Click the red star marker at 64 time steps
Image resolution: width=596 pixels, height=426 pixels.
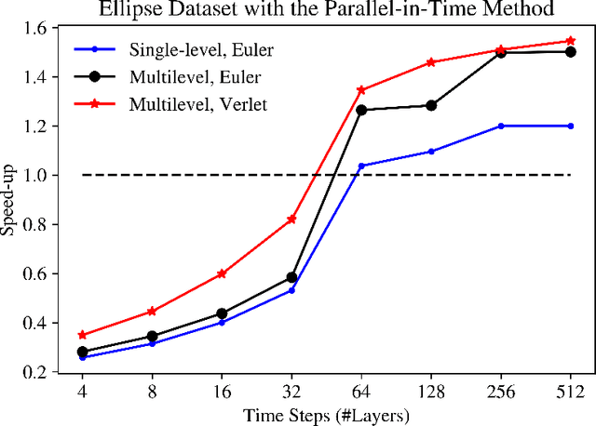(x=361, y=90)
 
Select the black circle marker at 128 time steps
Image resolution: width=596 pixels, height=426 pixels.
(x=431, y=105)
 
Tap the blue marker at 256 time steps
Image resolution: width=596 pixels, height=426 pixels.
(x=501, y=126)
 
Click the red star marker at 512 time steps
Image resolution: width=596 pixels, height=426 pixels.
(x=570, y=41)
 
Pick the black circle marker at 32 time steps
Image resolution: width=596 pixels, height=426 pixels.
(x=291, y=277)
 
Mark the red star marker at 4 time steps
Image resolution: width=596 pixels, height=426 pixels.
(x=82, y=335)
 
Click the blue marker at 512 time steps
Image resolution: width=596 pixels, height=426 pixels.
(x=570, y=126)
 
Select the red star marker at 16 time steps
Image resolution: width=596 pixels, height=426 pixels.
(x=222, y=273)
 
